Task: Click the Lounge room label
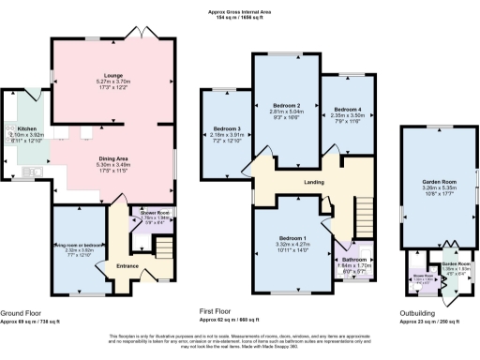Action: (112, 71)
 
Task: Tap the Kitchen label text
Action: (27, 127)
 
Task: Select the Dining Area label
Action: (113, 158)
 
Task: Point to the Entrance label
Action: (126, 267)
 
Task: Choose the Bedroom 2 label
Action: (285, 105)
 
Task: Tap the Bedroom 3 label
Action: (227, 127)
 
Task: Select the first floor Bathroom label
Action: (354, 260)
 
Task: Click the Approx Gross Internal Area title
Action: (240, 11)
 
